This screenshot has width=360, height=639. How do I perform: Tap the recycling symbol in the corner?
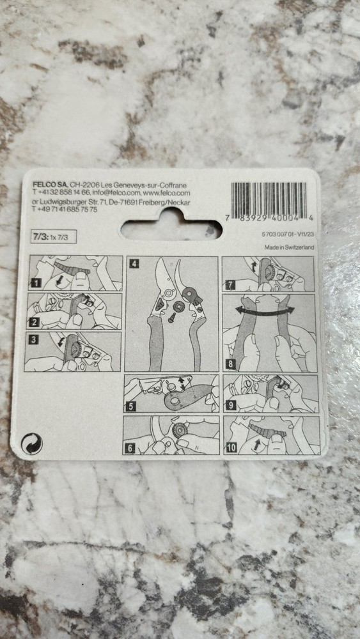32,443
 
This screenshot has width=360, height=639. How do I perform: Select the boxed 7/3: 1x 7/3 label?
54,236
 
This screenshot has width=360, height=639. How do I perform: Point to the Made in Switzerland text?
288,247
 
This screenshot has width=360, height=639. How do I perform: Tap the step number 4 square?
133,264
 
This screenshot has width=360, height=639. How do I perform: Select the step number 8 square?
231,364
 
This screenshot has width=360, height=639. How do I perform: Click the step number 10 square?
231,447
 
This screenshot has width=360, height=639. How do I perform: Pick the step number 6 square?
130,449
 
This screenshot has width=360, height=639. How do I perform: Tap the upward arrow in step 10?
256,444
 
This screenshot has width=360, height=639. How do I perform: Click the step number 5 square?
130,406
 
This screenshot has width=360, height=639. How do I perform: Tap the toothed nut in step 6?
180,430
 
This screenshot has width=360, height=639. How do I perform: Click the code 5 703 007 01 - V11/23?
288,234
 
